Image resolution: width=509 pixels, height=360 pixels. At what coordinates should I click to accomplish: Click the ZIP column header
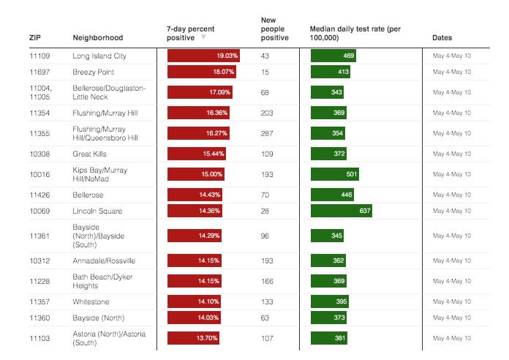click(x=34, y=37)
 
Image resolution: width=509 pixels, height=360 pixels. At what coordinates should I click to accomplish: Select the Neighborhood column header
click(x=98, y=37)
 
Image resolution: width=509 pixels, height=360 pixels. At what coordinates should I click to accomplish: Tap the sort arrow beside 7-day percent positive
click(x=203, y=37)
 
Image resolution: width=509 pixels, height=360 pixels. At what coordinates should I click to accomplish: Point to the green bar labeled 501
click(x=335, y=174)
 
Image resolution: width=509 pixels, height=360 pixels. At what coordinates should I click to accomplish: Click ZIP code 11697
click(x=39, y=72)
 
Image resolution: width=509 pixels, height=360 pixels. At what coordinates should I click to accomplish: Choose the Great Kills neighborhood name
click(x=91, y=154)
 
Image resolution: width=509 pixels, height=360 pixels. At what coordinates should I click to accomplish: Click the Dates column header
click(x=442, y=37)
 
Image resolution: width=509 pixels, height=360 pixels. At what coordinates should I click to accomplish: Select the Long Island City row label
click(x=99, y=56)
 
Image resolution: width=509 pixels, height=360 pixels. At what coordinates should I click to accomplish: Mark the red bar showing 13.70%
click(x=194, y=339)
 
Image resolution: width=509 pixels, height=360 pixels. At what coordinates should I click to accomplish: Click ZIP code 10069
click(x=39, y=211)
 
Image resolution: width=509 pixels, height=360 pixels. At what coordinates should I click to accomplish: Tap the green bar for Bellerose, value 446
click(x=333, y=195)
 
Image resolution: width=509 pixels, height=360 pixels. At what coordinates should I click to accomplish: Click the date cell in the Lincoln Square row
click(x=452, y=211)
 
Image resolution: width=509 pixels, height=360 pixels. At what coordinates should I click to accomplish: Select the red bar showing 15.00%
click(x=196, y=174)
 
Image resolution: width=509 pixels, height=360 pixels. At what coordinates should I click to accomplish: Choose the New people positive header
click(x=274, y=29)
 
